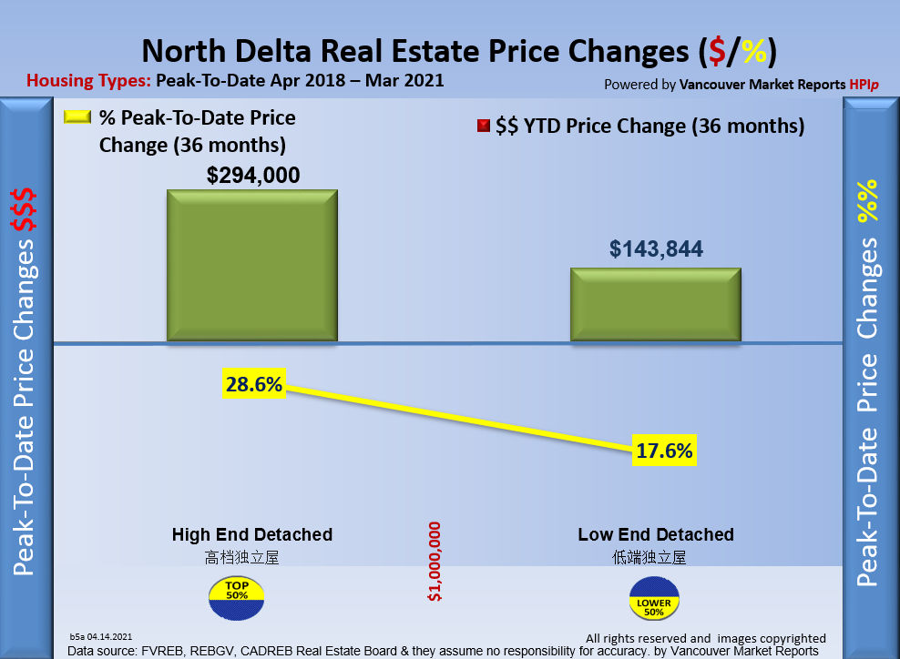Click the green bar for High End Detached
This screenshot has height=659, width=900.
pyautogui.click(x=251, y=266)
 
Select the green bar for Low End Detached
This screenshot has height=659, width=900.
pyautogui.click(x=655, y=305)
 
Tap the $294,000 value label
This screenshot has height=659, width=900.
pyautogui.click(x=253, y=175)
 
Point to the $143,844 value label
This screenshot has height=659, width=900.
pyautogui.click(x=656, y=248)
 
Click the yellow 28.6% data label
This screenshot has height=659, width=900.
pyautogui.click(x=254, y=385)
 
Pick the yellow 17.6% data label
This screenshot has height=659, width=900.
pyautogui.click(x=665, y=450)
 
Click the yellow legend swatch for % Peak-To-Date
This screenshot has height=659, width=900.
pyautogui.click(x=77, y=118)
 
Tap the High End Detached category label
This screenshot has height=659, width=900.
pyautogui.click(x=252, y=534)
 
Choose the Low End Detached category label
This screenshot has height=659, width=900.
pyautogui.click(x=656, y=534)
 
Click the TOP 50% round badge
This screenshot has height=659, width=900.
pyautogui.click(x=237, y=593)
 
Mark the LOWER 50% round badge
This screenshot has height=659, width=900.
pyautogui.click(x=654, y=603)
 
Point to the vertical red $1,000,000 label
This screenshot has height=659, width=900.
pyautogui.click(x=435, y=562)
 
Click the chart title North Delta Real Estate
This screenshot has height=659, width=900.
pyautogui.click(x=460, y=50)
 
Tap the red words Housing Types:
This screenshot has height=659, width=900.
pyautogui.click(x=88, y=80)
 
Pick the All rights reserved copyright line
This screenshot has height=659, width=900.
pyautogui.click(x=705, y=638)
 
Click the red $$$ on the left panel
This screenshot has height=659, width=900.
pyautogui.click(x=24, y=212)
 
